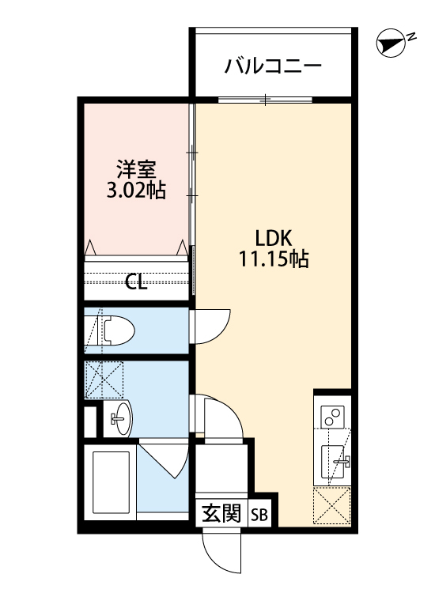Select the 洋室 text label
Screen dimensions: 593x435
[x=136, y=169]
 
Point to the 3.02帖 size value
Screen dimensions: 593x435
[x=136, y=191]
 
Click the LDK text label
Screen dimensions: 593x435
[x=274, y=237]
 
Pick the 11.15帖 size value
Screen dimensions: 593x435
[x=274, y=259]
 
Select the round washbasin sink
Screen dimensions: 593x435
[x=119, y=416]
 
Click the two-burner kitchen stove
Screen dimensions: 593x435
[x=332, y=415]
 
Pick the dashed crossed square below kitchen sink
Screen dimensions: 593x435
[x=332, y=505]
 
